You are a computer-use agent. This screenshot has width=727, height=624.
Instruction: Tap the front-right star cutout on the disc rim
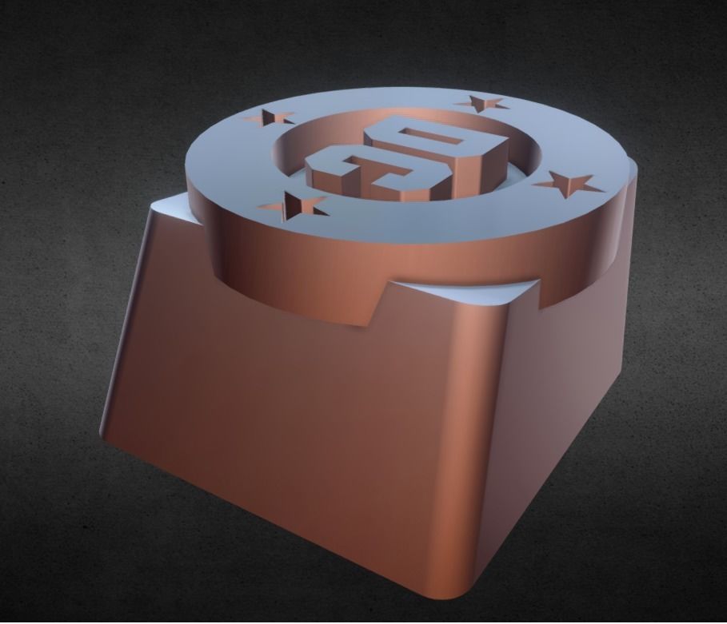click(570, 185)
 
